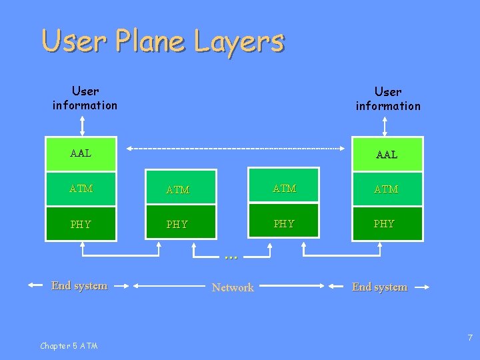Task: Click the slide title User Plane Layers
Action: pyautogui.click(x=163, y=41)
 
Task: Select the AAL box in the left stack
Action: pyautogui.click(x=81, y=154)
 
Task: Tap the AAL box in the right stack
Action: pyautogui.click(x=387, y=155)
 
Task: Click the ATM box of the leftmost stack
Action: pyautogui.click(x=81, y=189)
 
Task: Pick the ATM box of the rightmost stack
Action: pyautogui.click(x=387, y=189)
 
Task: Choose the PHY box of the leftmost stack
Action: pyautogui.click(x=81, y=224)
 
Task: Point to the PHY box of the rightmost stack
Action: pyautogui.click(x=387, y=223)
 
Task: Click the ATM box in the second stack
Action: pyautogui.click(x=178, y=189)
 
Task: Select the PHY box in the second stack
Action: pyautogui.click(x=178, y=224)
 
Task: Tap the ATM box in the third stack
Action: pyautogui.click(x=285, y=189)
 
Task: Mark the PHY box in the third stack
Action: pyautogui.click(x=285, y=223)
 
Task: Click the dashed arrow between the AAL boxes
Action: pyautogui.click(x=239, y=148)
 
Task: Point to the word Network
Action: pyautogui.click(x=233, y=287)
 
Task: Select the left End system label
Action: pyautogui.click(x=79, y=285)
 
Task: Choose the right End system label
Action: pyautogui.click(x=379, y=287)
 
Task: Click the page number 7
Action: pyautogui.click(x=469, y=338)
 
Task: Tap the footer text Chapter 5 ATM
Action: pyautogui.click(x=69, y=345)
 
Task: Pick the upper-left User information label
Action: pyautogui.click(x=85, y=98)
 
